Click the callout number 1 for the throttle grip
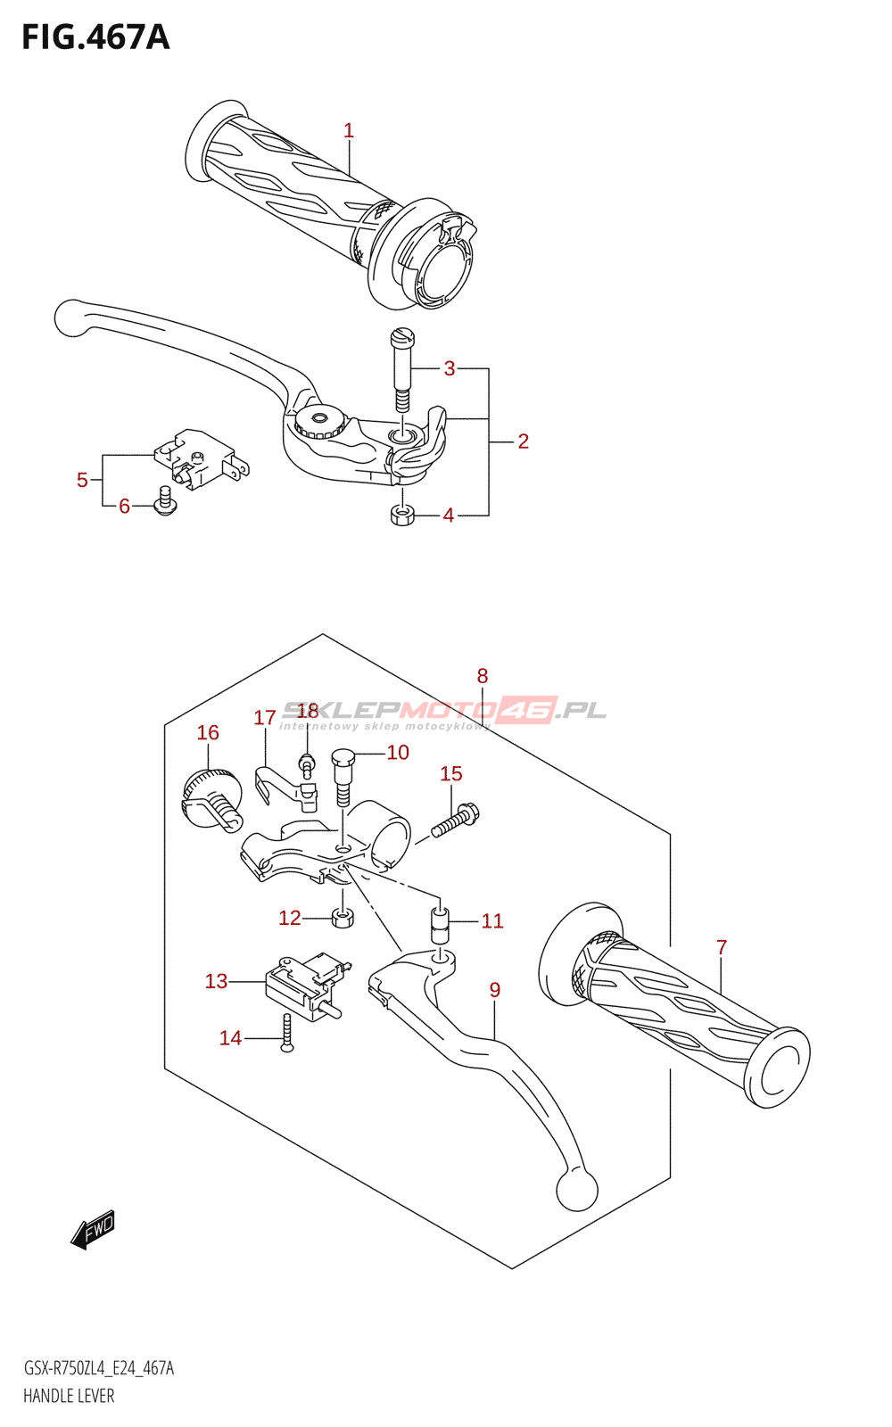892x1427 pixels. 349,131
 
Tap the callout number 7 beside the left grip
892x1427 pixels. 722,947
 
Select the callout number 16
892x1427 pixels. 208,733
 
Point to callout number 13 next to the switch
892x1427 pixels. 216,982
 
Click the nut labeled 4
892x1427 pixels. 402,516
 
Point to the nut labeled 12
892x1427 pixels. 342,917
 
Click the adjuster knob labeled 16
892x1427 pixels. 211,797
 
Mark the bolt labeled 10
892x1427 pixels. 343,775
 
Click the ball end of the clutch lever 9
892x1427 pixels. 576,1189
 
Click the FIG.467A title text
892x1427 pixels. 95,37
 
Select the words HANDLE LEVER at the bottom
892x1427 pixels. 69,1396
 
